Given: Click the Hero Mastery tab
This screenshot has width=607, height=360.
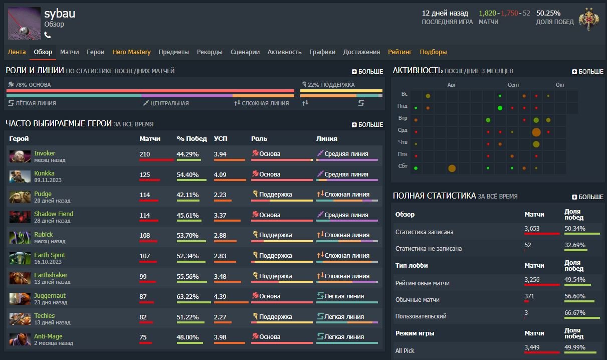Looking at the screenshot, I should [x=131, y=52].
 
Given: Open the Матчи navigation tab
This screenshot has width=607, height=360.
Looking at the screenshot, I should [x=69, y=52].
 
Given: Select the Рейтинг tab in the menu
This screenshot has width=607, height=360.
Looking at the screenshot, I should [x=399, y=52].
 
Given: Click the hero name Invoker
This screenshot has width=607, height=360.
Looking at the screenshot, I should [x=45, y=153].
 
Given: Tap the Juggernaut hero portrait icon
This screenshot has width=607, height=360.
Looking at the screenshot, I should [x=20, y=299].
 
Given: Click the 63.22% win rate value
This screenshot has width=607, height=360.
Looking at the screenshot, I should [x=187, y=296].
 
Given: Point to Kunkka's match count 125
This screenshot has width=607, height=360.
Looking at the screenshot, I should [x=145, y=174].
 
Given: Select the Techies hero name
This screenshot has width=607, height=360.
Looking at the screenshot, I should [x=45, y=316].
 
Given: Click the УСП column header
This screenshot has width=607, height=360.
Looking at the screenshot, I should [x=221, y=138].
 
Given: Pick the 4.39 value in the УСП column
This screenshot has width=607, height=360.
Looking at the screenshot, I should [x=220, y=296].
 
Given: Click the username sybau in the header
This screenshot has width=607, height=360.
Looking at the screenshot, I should [x=59, y=14].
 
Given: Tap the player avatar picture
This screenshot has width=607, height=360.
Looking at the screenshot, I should [x=24, y=23].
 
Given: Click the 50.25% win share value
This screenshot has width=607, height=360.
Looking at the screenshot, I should [x=548, y=14].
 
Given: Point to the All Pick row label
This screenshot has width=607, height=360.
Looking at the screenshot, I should [x=405, y=351].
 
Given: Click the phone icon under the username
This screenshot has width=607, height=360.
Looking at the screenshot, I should [x=48, y=35].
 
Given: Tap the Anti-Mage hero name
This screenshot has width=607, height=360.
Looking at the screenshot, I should [x=48, y=336].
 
